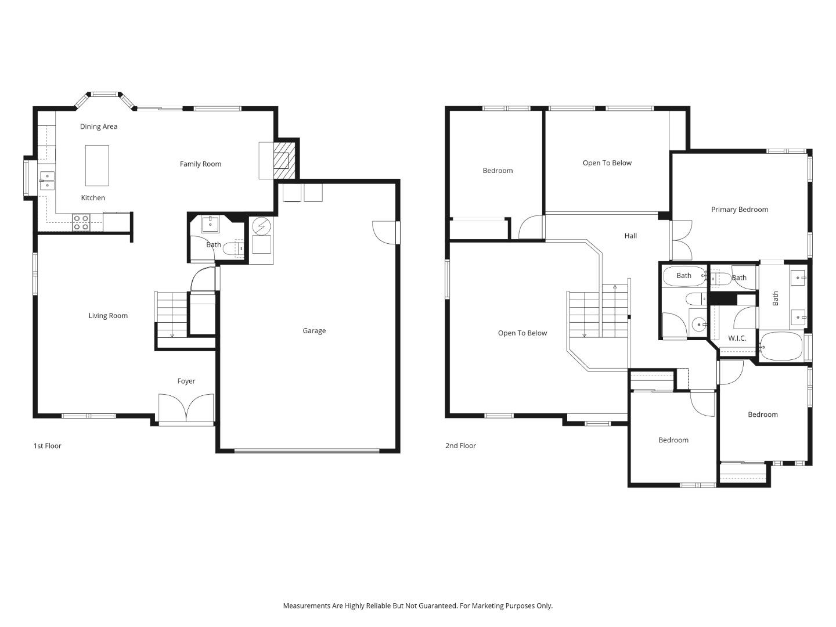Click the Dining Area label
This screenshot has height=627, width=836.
tap(99, 127)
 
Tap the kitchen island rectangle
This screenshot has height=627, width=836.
tap(97, 165)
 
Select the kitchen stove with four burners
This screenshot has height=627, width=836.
tap(81, 222)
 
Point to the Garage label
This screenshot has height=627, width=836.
tap(314, 331)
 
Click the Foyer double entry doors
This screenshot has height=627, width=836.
tap(186, 408)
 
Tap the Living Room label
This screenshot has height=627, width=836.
tap(108, 316)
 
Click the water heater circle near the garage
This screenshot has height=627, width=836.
tap(261, 225)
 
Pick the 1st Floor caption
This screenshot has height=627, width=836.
tap(47, 446)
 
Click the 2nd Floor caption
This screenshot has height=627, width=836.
tap(460, 446)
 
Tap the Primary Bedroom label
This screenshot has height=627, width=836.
tap(740, 210)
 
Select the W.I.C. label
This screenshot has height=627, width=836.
tap(737, 338)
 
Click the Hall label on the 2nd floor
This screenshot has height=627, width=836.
tap(630, 236)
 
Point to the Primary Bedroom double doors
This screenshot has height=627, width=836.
tap(680, 240)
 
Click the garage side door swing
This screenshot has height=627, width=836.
tap(385, 232)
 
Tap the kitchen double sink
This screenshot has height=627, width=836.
tap(47, 181)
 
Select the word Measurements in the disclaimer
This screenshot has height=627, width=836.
tap(307, 606)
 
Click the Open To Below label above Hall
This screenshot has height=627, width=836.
tap(607, 163)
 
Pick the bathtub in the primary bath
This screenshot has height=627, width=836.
tap(781, 347)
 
